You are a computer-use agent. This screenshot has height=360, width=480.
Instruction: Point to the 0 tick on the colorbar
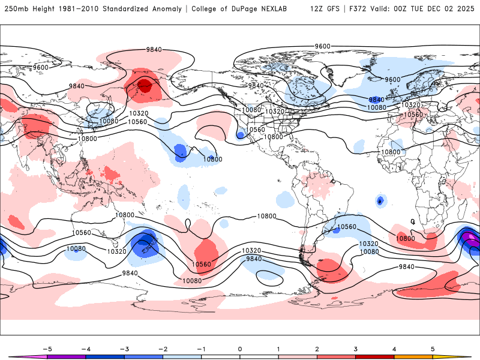coord(240,348)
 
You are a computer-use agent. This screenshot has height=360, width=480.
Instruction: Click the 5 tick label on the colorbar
coord(433,348)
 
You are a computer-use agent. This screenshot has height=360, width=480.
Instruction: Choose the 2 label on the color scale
coord(317,348)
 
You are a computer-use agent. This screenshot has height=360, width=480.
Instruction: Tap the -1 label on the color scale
coord(201,348)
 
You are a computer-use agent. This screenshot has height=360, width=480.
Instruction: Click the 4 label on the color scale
coord(395,348)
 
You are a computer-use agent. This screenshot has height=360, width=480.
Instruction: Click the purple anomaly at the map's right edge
coord(471,240)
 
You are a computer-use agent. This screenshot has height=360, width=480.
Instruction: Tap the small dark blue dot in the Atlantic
coord(380,200)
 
